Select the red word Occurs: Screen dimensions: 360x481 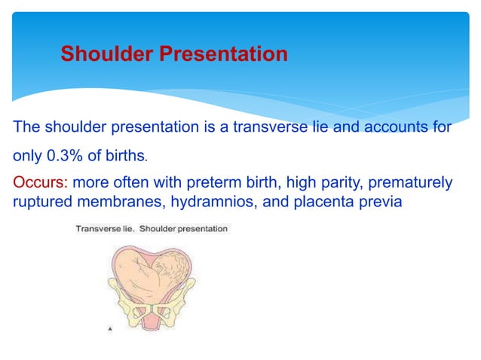click(39, 184)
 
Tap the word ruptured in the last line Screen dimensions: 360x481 click(39, 201)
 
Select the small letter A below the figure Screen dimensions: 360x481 click(112, 329)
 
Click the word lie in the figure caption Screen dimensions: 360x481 click(126, 228)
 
